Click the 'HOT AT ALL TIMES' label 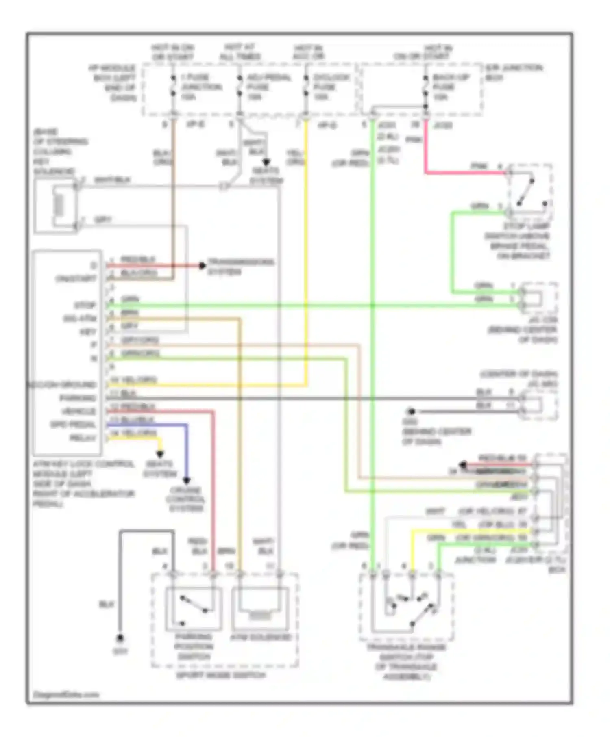pos(240,52)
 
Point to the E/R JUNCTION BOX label pos(513,72)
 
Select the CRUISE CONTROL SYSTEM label pos(185,499)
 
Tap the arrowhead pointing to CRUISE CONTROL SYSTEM pos(186,480)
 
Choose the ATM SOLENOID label pos(261,637)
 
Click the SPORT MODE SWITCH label pos(221,675)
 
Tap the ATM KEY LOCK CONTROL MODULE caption pos(83,483)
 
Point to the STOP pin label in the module pos(85,305)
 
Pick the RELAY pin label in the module pos(83,438)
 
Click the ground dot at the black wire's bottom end pos(120,638)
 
